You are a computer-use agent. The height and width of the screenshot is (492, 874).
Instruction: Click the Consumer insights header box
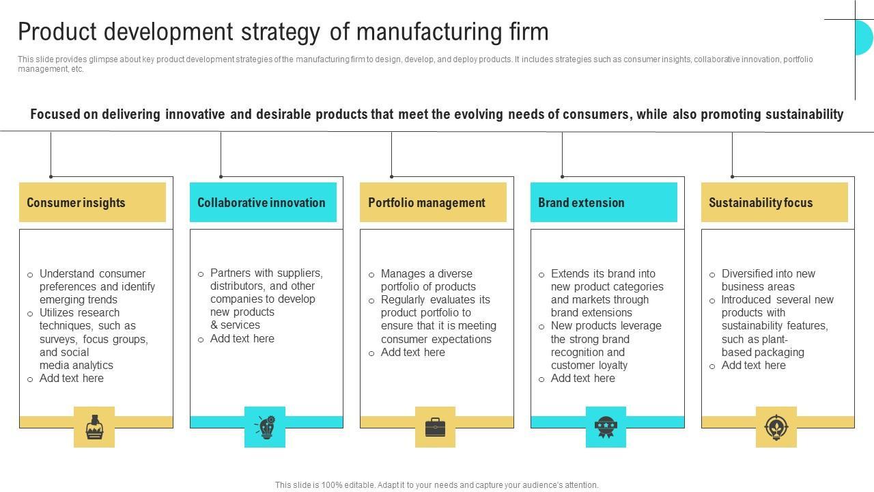92,202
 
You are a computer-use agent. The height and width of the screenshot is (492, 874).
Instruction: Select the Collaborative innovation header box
263,202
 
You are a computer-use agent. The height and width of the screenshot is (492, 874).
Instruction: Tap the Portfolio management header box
433,202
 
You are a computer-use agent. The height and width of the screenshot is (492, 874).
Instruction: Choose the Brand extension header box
604,202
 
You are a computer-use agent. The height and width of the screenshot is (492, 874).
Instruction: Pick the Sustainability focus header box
774,202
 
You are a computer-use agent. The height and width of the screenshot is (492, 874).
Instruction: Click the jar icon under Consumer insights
94,427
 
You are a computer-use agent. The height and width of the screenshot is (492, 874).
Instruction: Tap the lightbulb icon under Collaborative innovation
265,427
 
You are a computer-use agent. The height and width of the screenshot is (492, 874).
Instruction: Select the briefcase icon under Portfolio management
435,427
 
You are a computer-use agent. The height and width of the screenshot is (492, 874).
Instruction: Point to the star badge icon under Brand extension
606,427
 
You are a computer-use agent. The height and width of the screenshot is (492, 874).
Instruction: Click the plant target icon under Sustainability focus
776,427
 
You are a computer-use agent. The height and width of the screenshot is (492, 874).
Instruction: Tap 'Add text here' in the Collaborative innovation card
242,338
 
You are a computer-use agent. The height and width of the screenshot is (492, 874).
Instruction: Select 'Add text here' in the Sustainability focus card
754,365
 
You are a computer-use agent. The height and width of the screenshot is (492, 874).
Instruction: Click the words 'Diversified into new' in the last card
768,273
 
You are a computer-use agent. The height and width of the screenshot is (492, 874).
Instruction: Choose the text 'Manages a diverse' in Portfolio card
426,273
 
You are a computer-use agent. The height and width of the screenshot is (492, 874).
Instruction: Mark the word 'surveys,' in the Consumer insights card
59,339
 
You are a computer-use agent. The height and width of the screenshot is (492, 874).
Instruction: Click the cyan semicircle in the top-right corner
864,38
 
